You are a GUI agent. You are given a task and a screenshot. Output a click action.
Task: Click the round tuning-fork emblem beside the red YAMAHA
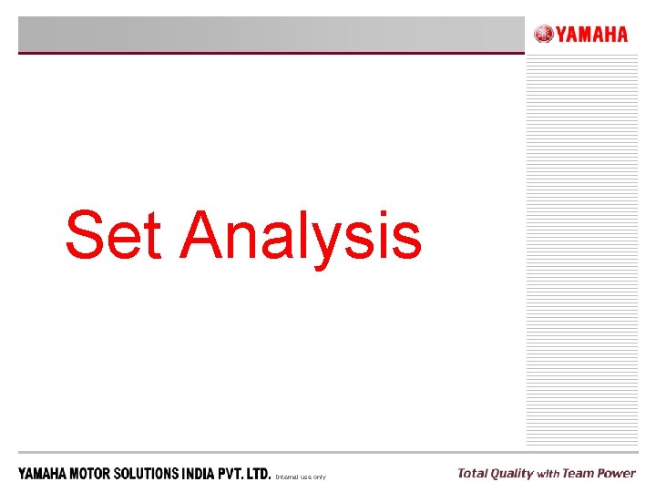tap(543, 35)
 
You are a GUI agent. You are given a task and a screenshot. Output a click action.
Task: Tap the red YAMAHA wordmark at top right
tap(591, 35)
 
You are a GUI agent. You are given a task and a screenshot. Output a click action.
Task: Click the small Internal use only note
tap(300, 477)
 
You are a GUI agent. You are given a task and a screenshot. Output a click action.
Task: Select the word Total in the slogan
tap(472, 473)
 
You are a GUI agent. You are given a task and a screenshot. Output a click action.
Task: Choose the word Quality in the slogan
tap(512, 474)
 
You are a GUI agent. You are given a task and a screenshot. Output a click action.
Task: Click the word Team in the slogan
tap(578, 473)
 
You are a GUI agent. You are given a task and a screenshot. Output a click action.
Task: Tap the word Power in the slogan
tap(617, 473)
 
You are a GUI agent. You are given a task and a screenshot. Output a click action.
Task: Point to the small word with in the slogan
tap(548, 474)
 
